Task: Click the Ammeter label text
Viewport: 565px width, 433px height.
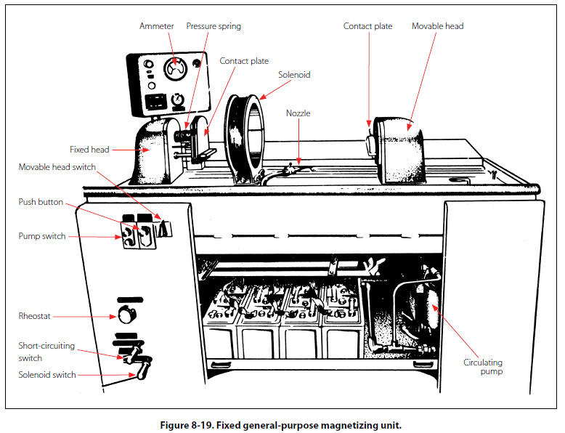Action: [x=156, y=26]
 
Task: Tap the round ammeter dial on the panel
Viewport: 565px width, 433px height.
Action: [x=174, y=69]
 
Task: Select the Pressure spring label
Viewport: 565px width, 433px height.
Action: [x=214, y=26]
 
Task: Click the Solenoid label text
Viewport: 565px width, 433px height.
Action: [x=293, y=74]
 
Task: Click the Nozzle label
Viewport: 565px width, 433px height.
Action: [x=298, y=113]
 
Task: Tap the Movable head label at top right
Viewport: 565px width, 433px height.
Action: [x=437, y=26]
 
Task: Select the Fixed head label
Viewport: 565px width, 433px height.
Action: [x=89, y=150]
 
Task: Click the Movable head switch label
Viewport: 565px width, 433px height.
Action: [x=57, y=167]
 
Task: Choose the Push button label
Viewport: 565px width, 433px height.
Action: [x=41, y=202]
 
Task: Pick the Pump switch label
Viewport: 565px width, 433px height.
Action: [x=42, y=236]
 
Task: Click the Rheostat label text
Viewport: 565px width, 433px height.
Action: [x=36, y=316]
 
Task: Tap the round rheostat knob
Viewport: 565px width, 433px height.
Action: [x=127, y=315]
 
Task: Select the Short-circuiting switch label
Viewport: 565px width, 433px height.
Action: [x=46, y=352]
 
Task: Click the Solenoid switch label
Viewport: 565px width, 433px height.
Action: [x=47, y=375]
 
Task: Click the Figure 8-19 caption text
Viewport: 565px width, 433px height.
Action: [x=280, y=425]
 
